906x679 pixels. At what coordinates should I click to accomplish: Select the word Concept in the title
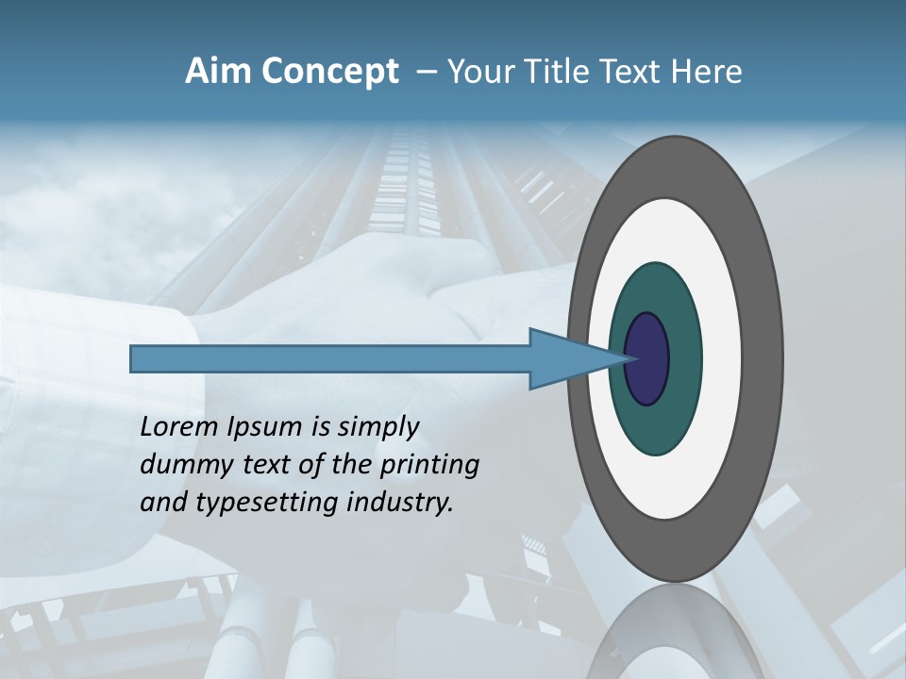[329, 72]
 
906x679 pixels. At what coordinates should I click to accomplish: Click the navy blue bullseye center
[647, 359]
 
